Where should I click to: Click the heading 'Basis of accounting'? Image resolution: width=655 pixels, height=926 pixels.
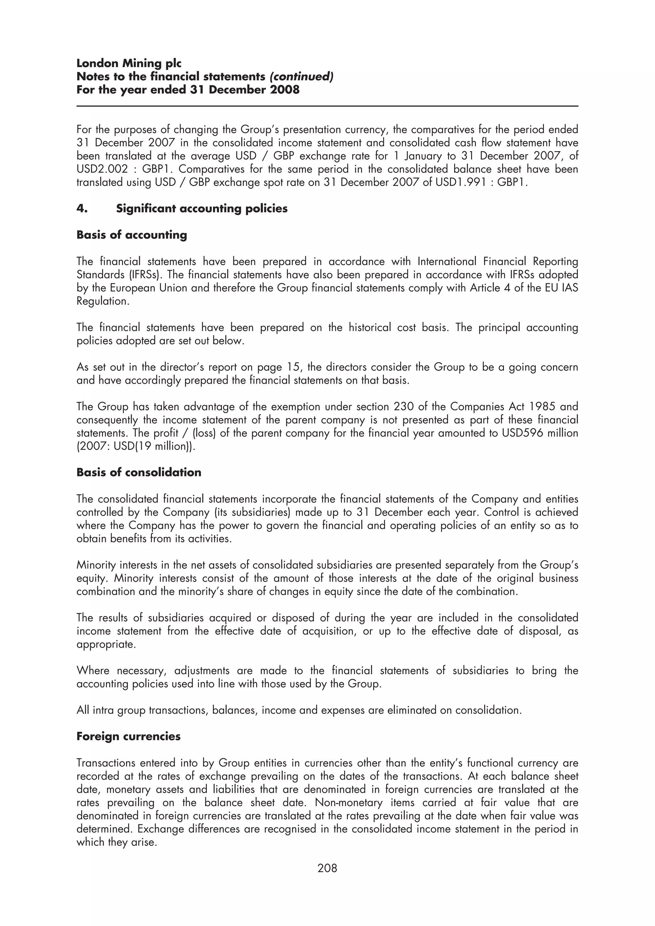click(131, 235)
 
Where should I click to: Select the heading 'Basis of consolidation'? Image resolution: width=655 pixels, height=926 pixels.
click(138, 472)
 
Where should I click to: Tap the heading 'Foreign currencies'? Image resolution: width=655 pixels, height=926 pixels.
click(128, 736)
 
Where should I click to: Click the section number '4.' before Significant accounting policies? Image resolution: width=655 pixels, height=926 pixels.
click(82, 209)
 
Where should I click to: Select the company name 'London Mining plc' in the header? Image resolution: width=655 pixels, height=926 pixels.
click(129, 63)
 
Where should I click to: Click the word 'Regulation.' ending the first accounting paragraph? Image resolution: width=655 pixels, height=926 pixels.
click(103, 301)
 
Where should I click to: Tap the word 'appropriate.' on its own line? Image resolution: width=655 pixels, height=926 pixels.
click(106, 644)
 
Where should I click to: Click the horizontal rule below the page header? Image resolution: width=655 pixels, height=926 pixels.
click(327, 106)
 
